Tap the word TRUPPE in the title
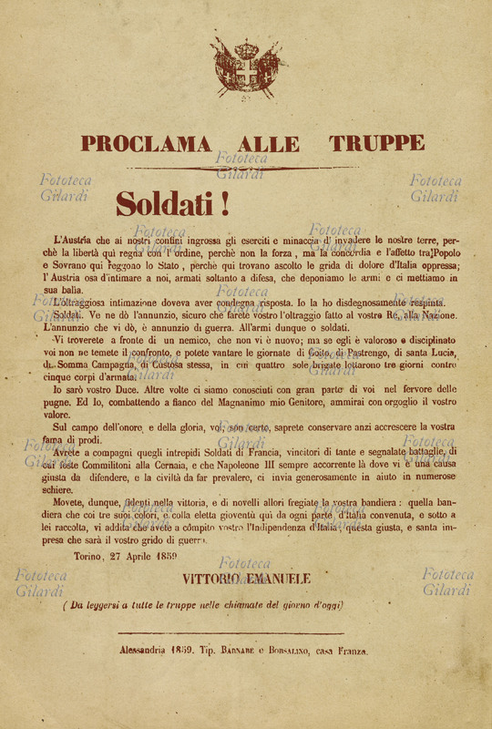[376, 143]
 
